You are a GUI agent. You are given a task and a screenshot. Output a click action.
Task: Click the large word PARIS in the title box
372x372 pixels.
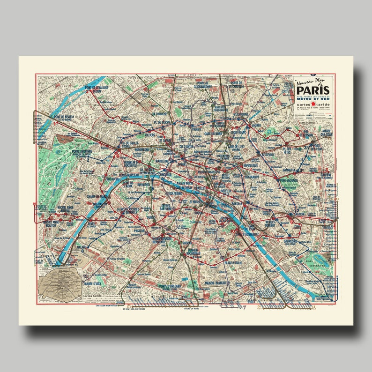(312, 90)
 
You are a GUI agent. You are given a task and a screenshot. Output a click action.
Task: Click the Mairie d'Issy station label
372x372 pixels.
(91, 283)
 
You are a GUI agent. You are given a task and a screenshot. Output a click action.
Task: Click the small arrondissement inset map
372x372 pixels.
(59, 285)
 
